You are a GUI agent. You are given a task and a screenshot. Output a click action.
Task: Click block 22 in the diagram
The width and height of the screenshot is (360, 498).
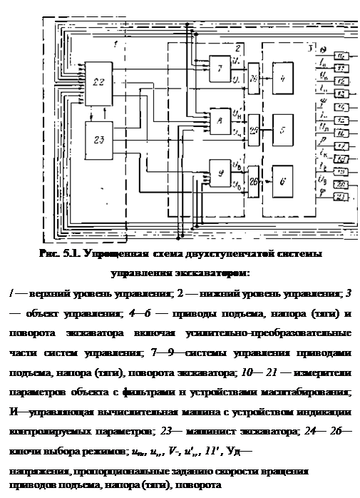pyautogui.click(x=98, y=81)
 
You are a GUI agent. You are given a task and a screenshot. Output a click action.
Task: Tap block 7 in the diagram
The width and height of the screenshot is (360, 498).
pyautogui.click(x=220, y=68)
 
